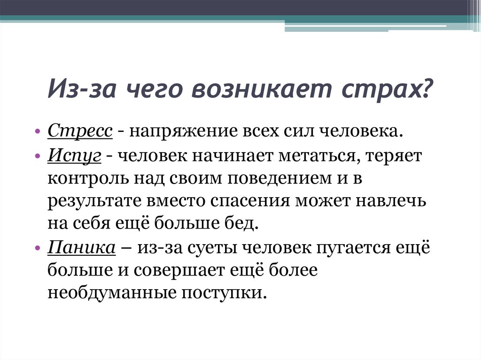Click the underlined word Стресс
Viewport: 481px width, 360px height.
point(80,131)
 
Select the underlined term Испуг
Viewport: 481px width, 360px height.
point(74,155)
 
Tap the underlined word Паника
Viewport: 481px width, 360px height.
point(82,247)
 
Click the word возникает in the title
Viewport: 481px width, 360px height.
point(262,89)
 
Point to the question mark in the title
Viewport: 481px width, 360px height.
point(427,87)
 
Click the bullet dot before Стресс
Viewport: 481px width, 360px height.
point(38,132)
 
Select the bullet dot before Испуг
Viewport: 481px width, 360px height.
point(38,156)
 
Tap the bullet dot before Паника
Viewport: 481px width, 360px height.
point(38,248)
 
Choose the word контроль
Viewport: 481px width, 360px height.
point(89,179)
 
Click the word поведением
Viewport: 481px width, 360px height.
point(280,178)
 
